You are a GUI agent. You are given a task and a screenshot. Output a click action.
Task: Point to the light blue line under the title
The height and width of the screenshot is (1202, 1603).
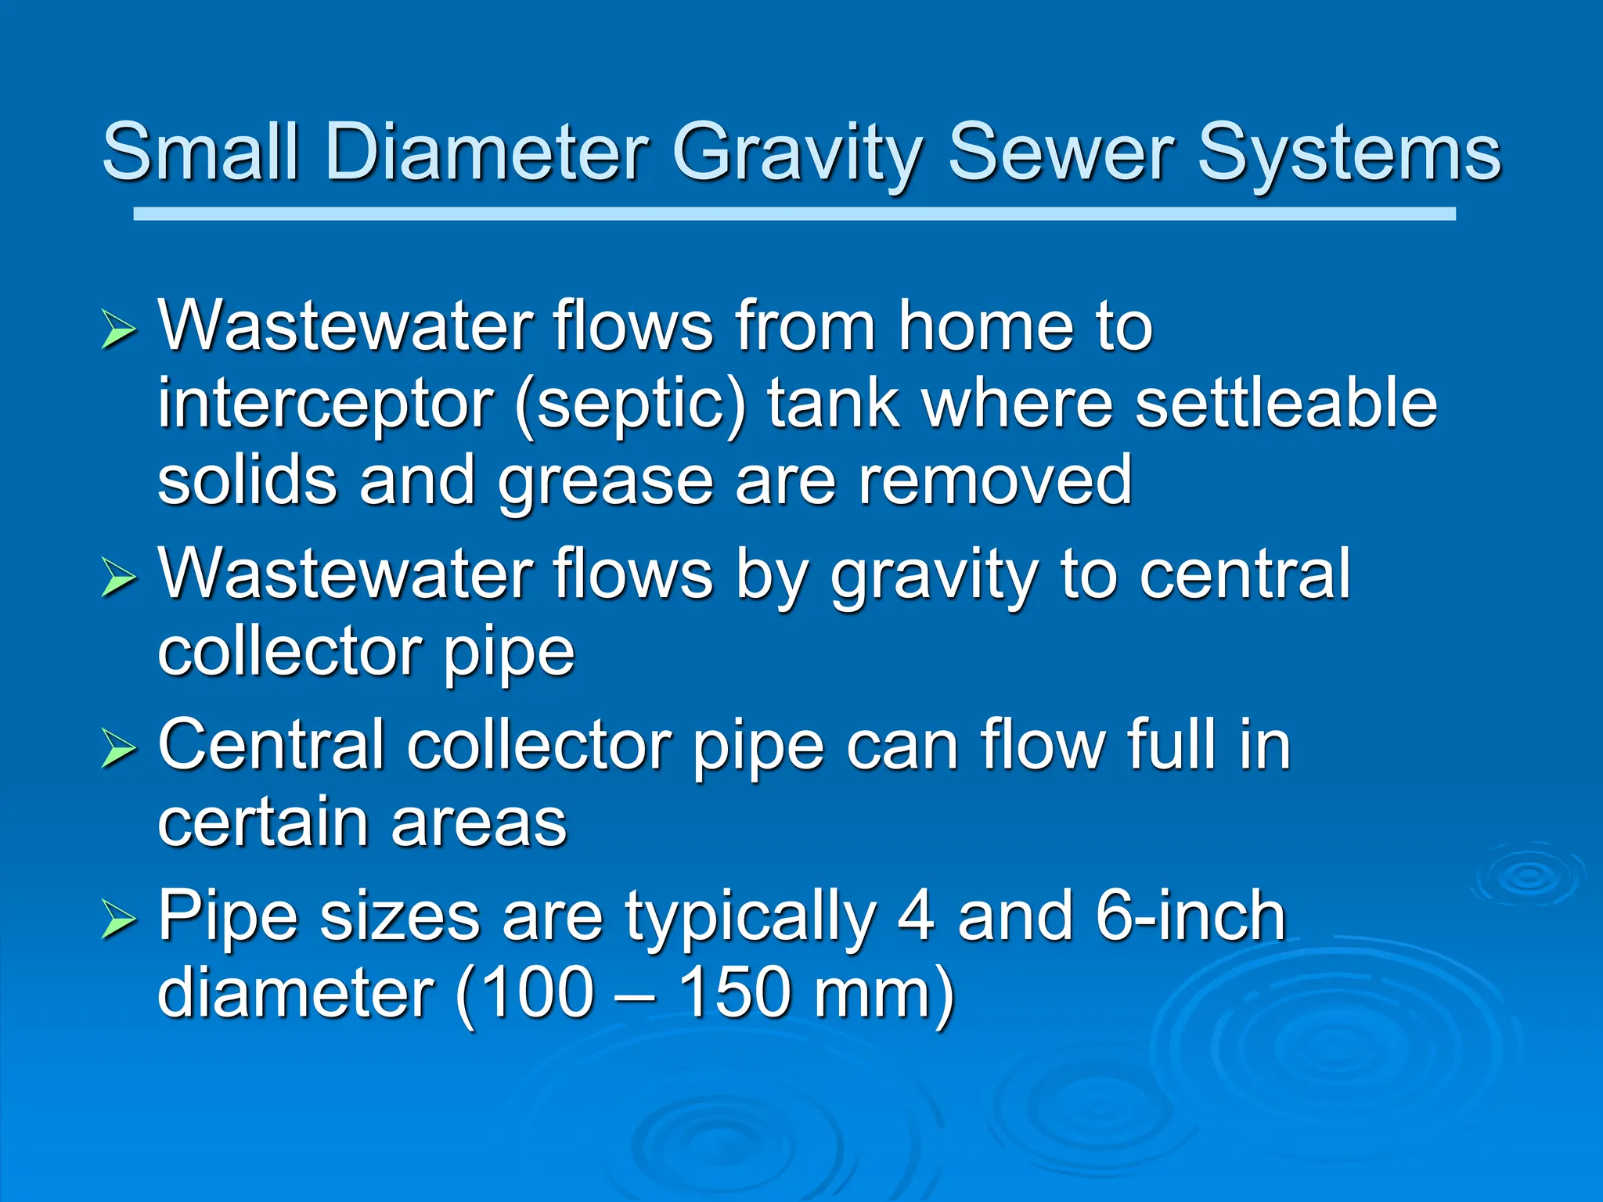point(794,214)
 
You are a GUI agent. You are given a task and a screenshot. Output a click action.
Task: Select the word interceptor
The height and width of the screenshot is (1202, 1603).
point(325,407)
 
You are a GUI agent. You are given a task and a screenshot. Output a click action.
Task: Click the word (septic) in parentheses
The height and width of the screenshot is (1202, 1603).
point(630,407)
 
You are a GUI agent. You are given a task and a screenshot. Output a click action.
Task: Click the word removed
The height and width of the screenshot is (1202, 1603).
point(994,480)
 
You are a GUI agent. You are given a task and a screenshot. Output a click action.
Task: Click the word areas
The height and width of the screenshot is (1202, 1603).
point(479,823)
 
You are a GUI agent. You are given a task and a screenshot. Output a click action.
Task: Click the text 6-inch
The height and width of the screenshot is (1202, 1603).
point(1190,916)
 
